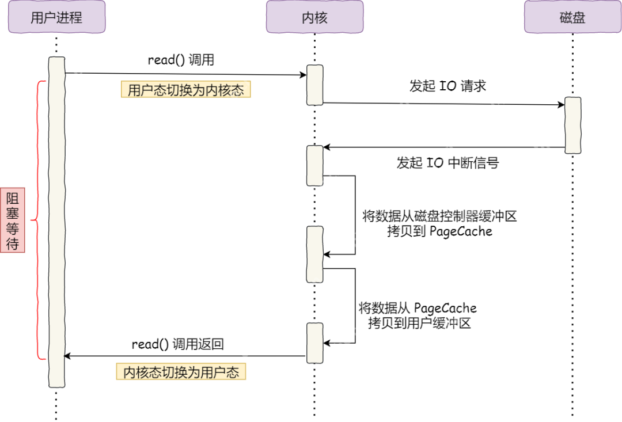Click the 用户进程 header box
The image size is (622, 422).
(56, 17)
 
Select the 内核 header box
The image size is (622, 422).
(314, 17)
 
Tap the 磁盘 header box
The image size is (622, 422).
(572, 17)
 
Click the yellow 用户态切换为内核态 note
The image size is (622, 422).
(185, 90)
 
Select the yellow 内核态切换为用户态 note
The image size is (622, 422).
(181, 372)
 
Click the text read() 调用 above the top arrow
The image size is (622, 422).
(181, 60)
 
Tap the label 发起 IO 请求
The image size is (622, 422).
(447, 86)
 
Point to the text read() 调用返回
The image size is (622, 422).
(177, 344)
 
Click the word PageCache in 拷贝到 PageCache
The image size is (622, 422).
(461, 231)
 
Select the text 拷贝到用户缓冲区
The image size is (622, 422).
(419, 324)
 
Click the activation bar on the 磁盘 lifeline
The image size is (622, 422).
(572, 125)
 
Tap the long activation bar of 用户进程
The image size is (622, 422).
(56, 222)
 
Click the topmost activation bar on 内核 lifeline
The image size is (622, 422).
(314, 85)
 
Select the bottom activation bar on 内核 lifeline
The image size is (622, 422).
(314, 343)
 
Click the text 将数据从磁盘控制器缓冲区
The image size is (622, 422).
(439, 216)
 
